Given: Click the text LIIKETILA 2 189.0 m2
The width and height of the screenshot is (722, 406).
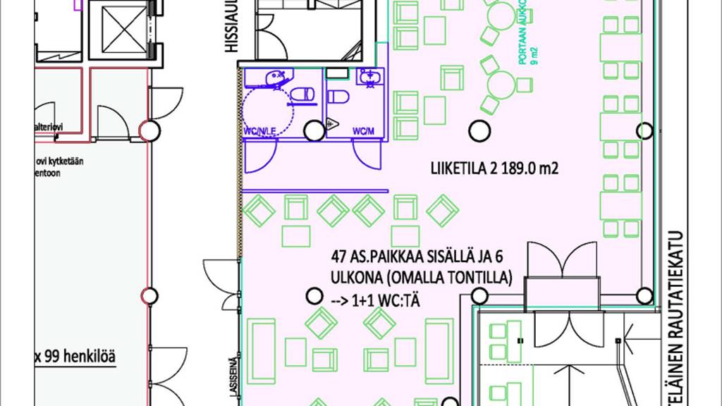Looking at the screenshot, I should (494, 168).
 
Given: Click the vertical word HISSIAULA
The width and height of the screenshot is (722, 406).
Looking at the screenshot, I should (231, 28).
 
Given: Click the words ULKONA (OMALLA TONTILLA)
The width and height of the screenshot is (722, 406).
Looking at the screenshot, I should (420, 278).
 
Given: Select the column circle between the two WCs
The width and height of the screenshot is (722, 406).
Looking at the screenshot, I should (314, 130).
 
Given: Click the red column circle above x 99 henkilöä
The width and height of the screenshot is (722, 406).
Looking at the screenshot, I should (149, 296).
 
